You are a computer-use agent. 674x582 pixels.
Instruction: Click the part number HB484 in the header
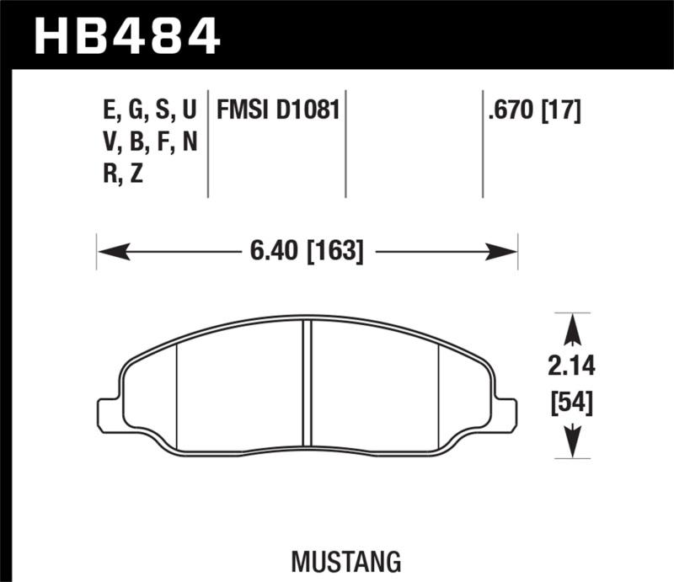coord(126,36)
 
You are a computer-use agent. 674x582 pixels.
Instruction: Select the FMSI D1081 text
coord(277,110)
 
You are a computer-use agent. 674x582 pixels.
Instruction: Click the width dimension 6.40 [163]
coord(307,251)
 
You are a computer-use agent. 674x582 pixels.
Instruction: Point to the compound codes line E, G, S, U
coord(148,110)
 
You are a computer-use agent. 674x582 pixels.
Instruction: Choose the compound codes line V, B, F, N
coord(149,143)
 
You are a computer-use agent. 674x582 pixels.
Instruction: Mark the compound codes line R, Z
coord(125,177)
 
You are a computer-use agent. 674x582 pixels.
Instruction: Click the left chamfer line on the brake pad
coord(175,396)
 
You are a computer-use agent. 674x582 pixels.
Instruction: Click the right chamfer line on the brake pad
coord(440,396)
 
